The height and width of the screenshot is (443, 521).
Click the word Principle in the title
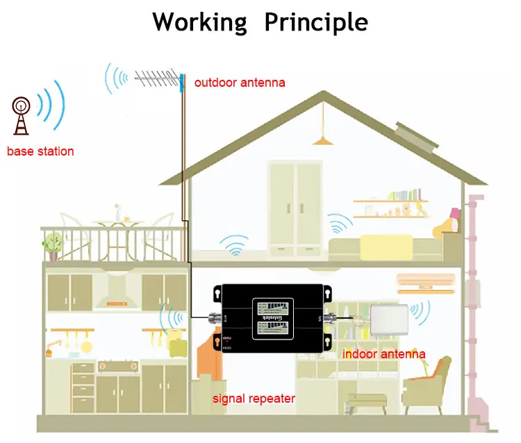tap(316, 22)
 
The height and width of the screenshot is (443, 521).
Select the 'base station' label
tap(40, 151)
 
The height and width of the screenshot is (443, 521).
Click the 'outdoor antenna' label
tap(239, 83)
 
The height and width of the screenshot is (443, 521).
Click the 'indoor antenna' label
tap(383, 354)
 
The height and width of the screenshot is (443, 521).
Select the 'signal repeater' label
tap(254, 399)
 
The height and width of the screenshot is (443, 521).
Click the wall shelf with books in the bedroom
tap(388, 201)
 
